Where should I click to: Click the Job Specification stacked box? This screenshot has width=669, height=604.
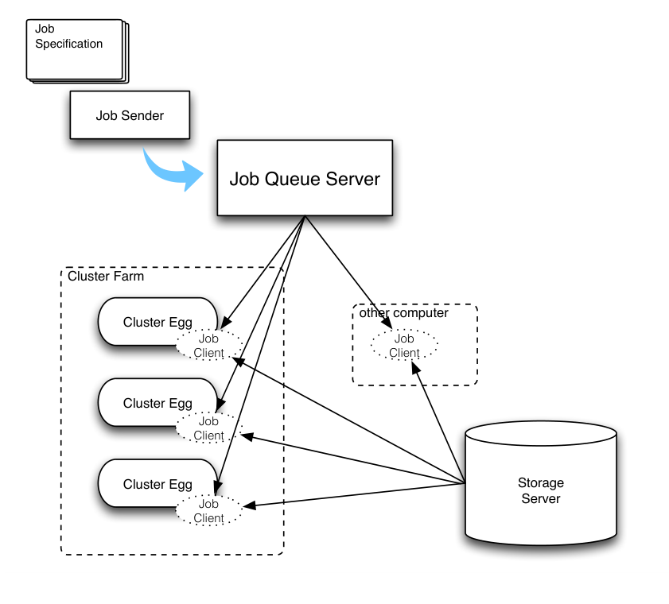click(x=77, y=51)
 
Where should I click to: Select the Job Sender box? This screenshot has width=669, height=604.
click(x=130, y=115)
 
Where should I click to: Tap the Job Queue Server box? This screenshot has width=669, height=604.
click(x=305, y=178)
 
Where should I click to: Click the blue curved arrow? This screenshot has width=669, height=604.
click(x=171, y=171)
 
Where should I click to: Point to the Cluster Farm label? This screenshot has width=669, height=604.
click(x=106, y=277)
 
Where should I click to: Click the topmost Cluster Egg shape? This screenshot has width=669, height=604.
click(x=158, y=321)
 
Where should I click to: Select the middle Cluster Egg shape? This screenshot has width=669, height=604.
click(x=158, y=402)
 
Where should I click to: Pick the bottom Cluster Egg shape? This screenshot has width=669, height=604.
click(x=158, y=483)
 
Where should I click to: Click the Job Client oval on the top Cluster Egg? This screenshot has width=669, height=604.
click(x=209, y=345)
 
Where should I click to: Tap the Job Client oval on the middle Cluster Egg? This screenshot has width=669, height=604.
click(x=209, y=428)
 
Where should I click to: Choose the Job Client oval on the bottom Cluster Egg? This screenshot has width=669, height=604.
click(x=209, y=511)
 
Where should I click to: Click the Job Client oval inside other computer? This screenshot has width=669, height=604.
click(x=404, y=345)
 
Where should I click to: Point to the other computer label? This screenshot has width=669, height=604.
click(x=403, y=313)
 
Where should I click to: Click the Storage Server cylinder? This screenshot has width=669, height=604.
click(x=541, y=483)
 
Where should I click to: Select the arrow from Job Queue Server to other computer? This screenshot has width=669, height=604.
click(x=348, y=273)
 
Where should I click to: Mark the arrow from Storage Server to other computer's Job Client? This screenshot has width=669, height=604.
click(x=438, y=423)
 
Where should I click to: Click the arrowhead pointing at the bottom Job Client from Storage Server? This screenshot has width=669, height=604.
click(x=249, y=505)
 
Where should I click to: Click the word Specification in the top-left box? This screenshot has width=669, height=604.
click(x=68, y=44)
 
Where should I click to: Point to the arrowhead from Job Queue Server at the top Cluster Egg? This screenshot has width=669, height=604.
click(x=226, y=322)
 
